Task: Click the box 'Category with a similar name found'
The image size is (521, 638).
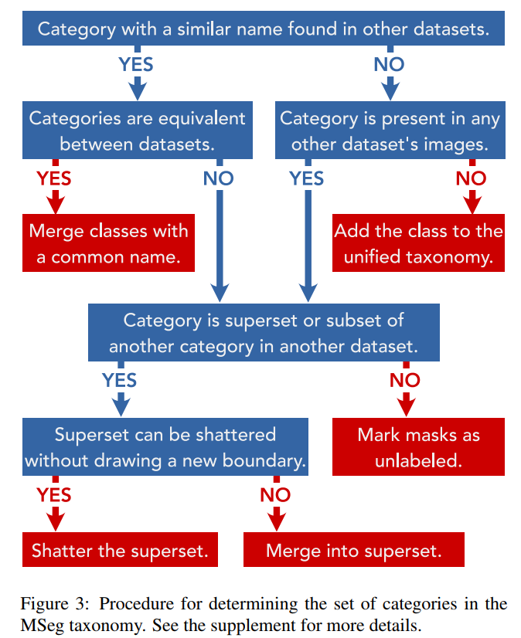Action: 263,29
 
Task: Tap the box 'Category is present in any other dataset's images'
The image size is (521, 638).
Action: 390,131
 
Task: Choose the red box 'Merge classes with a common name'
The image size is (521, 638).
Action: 108,244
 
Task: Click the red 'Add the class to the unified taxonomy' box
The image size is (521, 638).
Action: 418,244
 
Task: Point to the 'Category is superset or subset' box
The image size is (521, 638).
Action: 263,333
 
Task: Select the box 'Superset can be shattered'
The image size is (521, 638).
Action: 165,447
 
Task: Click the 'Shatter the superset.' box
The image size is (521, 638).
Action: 119,551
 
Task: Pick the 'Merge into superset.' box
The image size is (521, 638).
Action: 353,551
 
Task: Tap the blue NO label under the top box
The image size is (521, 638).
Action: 389,64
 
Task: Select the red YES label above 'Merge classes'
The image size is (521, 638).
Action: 54,178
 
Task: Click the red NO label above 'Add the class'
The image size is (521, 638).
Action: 471,178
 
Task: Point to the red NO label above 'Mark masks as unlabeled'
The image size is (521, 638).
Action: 404,380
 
